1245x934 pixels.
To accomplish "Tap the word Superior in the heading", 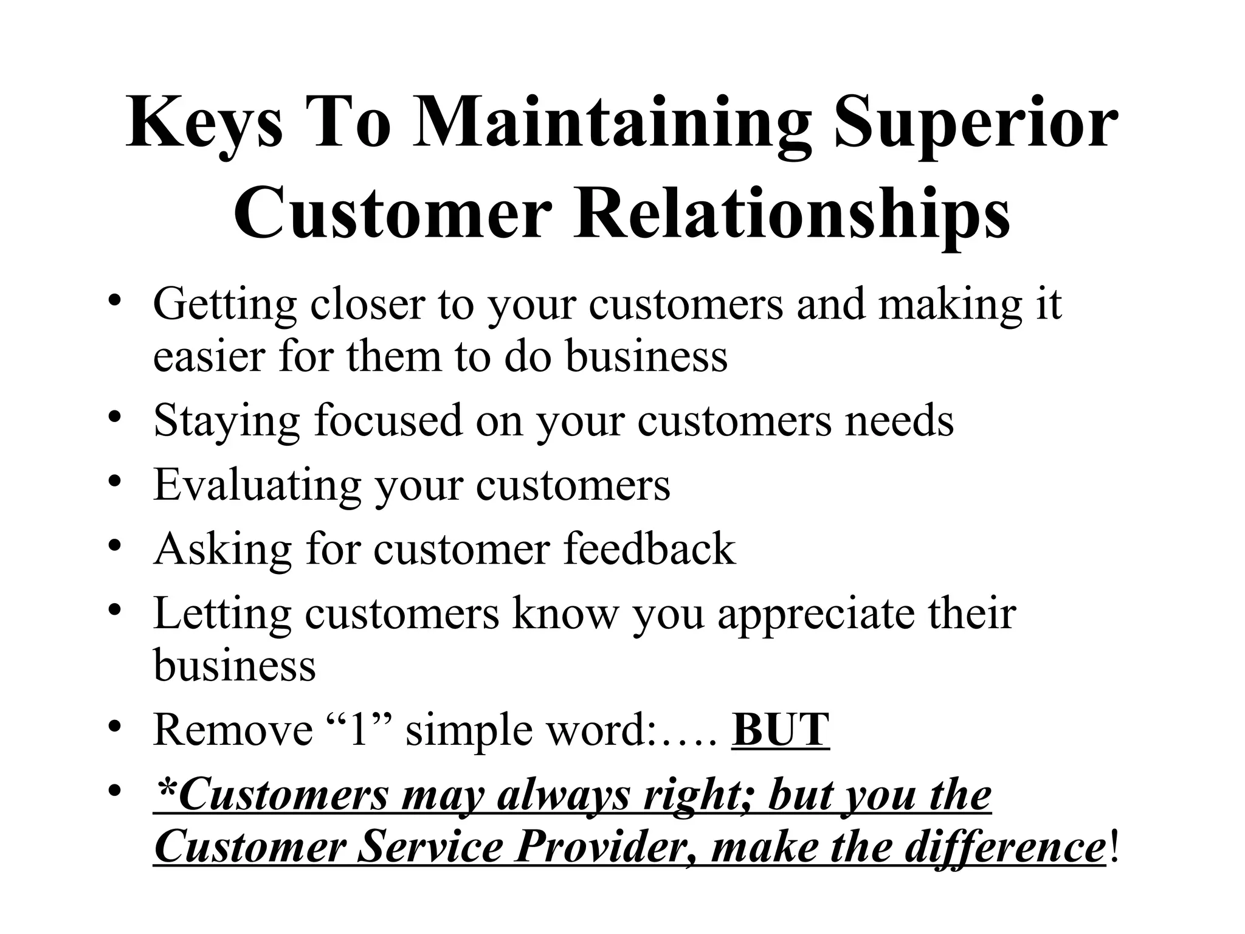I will coord(976,125).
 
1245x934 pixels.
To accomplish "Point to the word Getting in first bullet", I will coord(224,305).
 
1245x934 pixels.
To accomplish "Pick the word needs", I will coord(900,420).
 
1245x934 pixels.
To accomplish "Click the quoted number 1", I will coord(358,729).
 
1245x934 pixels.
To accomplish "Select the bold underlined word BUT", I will coord(781,729).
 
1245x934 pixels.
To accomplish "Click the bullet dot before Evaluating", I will coord(114,482).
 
